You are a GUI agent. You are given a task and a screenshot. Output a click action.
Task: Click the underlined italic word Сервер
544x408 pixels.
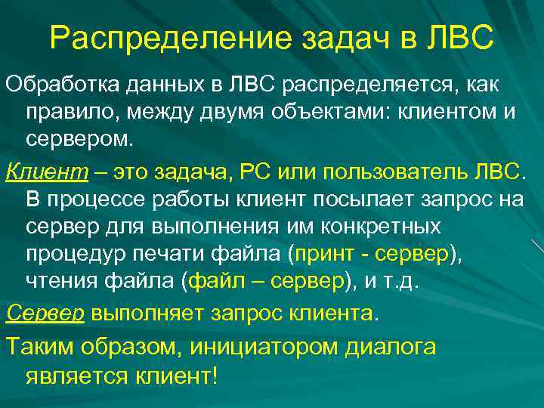coord(43,313)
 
